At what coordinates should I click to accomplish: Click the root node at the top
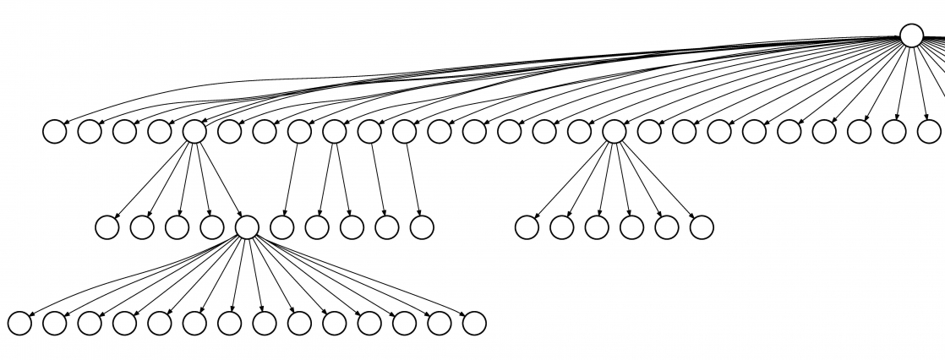(910, 35)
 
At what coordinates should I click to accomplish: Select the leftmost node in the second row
(54, 132)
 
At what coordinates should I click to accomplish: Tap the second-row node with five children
(194, 132)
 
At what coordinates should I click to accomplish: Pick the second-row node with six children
(615, 132)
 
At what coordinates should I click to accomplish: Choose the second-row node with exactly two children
(335, 132)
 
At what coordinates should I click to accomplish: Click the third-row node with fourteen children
(247, 227)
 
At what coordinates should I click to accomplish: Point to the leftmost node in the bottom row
(19, 323)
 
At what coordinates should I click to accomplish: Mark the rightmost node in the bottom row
(474, 323)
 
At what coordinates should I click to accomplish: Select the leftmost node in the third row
(107, 227)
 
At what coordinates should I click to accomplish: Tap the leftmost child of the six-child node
(527, 227)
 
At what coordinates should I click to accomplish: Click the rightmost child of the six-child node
(702, 227)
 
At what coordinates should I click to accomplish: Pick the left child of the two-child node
(317, 227)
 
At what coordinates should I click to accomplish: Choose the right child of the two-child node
(352, 227)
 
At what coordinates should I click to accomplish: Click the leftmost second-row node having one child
(299, 132)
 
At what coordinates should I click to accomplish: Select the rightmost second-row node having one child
(405, 132)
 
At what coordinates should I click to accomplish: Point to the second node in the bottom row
(54, 323)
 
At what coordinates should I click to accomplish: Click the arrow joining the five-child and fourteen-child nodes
(221, 180)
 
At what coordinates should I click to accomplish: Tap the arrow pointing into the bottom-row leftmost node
(127, 279)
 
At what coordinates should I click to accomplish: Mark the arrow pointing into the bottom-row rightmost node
(363, 276)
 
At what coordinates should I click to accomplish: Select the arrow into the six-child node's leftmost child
(571, 180)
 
